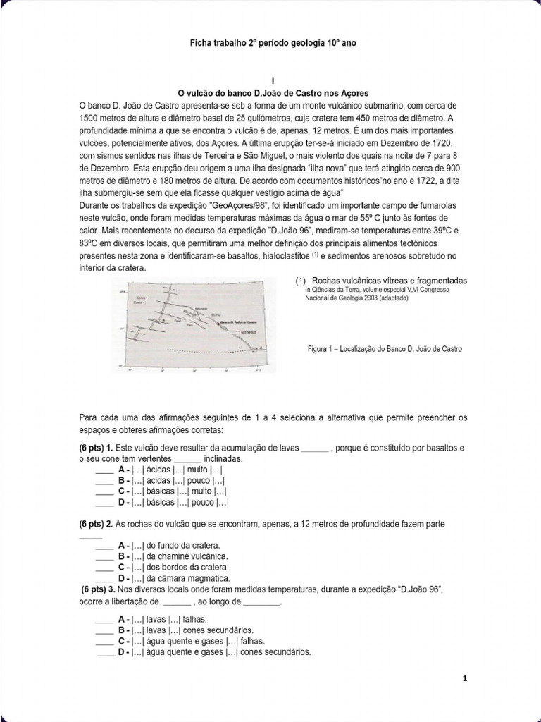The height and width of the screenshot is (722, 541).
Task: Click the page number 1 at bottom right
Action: [x=465, y=678]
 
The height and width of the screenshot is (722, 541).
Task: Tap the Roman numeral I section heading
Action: [x=270, y=80]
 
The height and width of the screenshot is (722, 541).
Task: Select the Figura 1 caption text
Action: [x=385, y=349]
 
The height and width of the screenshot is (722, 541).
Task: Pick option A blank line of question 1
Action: [x=104, y=470]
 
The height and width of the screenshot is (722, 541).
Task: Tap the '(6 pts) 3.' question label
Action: [x=99, y=589]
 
